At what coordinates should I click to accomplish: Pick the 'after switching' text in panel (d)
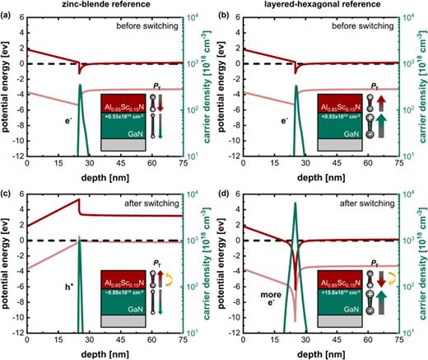pos(365,202)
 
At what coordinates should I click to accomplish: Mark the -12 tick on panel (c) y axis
pos(17,332)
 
